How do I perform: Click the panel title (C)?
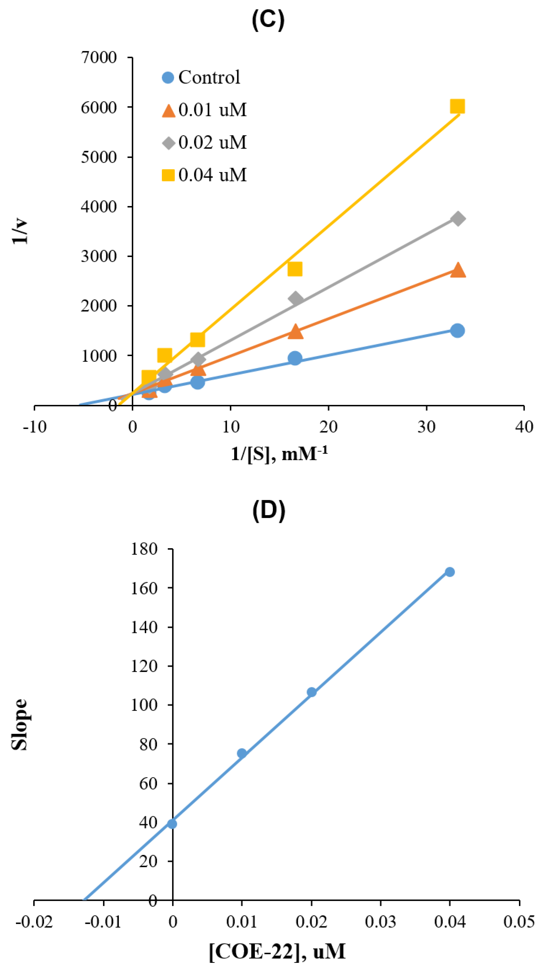[x=268, y=20]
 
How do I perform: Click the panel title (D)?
[x=269, y=511]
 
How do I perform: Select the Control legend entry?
[x=201, y=77]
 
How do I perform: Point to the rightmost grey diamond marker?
[x=458, y=219]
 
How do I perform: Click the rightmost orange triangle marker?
[x=458, y=270]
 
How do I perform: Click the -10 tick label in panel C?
[x=35, y=427]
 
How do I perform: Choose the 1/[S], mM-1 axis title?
[x=279, y=453]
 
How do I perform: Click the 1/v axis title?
[x=20, y=231]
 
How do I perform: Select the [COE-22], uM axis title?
[x=277, y=951]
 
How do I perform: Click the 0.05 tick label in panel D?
[x=519, y=922]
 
